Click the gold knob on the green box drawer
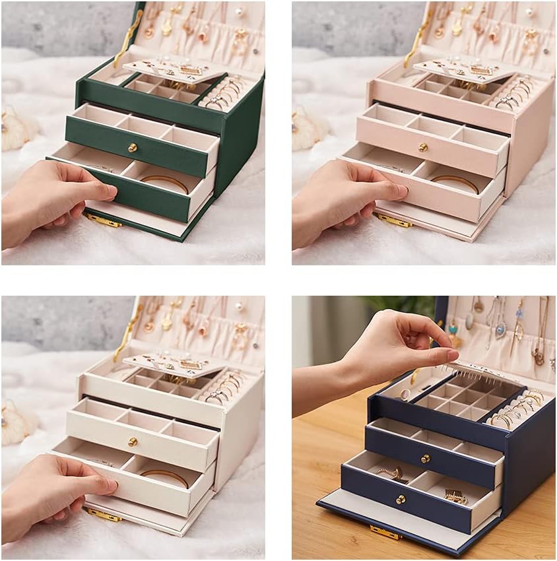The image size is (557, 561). (132, 147)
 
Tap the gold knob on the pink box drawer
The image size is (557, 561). (423, 147)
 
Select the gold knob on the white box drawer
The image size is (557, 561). (132, 442)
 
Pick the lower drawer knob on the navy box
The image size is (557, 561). (401, 500)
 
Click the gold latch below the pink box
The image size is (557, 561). (395, 220)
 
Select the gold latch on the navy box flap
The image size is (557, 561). (385, 531)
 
